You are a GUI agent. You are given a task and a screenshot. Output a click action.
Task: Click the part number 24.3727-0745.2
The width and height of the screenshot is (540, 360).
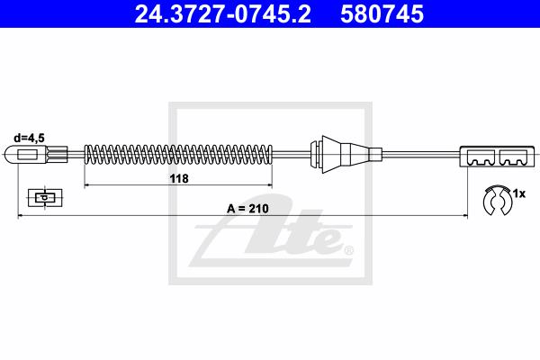(x=222, y=13)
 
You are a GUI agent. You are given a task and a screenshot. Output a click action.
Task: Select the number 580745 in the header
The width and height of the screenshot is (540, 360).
(x=382, y=13)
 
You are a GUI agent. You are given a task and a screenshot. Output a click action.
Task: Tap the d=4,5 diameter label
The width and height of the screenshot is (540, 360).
(x=30, y=138)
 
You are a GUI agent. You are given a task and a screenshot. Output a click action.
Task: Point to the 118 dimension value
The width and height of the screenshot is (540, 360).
(x=179, y=178)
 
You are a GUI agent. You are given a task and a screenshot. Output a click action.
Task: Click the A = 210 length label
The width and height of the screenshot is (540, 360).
(x=247, y=209)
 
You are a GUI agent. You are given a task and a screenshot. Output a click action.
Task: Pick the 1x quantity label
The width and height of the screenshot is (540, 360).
(x=519, y=193)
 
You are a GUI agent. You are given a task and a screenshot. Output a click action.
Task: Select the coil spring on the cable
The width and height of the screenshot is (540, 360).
(x=178, y=154)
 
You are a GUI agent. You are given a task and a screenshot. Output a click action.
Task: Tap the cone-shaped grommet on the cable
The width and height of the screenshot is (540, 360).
(x=337, y=154)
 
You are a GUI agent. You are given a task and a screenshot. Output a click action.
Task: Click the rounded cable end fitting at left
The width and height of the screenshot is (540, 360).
(x=25, y=154)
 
